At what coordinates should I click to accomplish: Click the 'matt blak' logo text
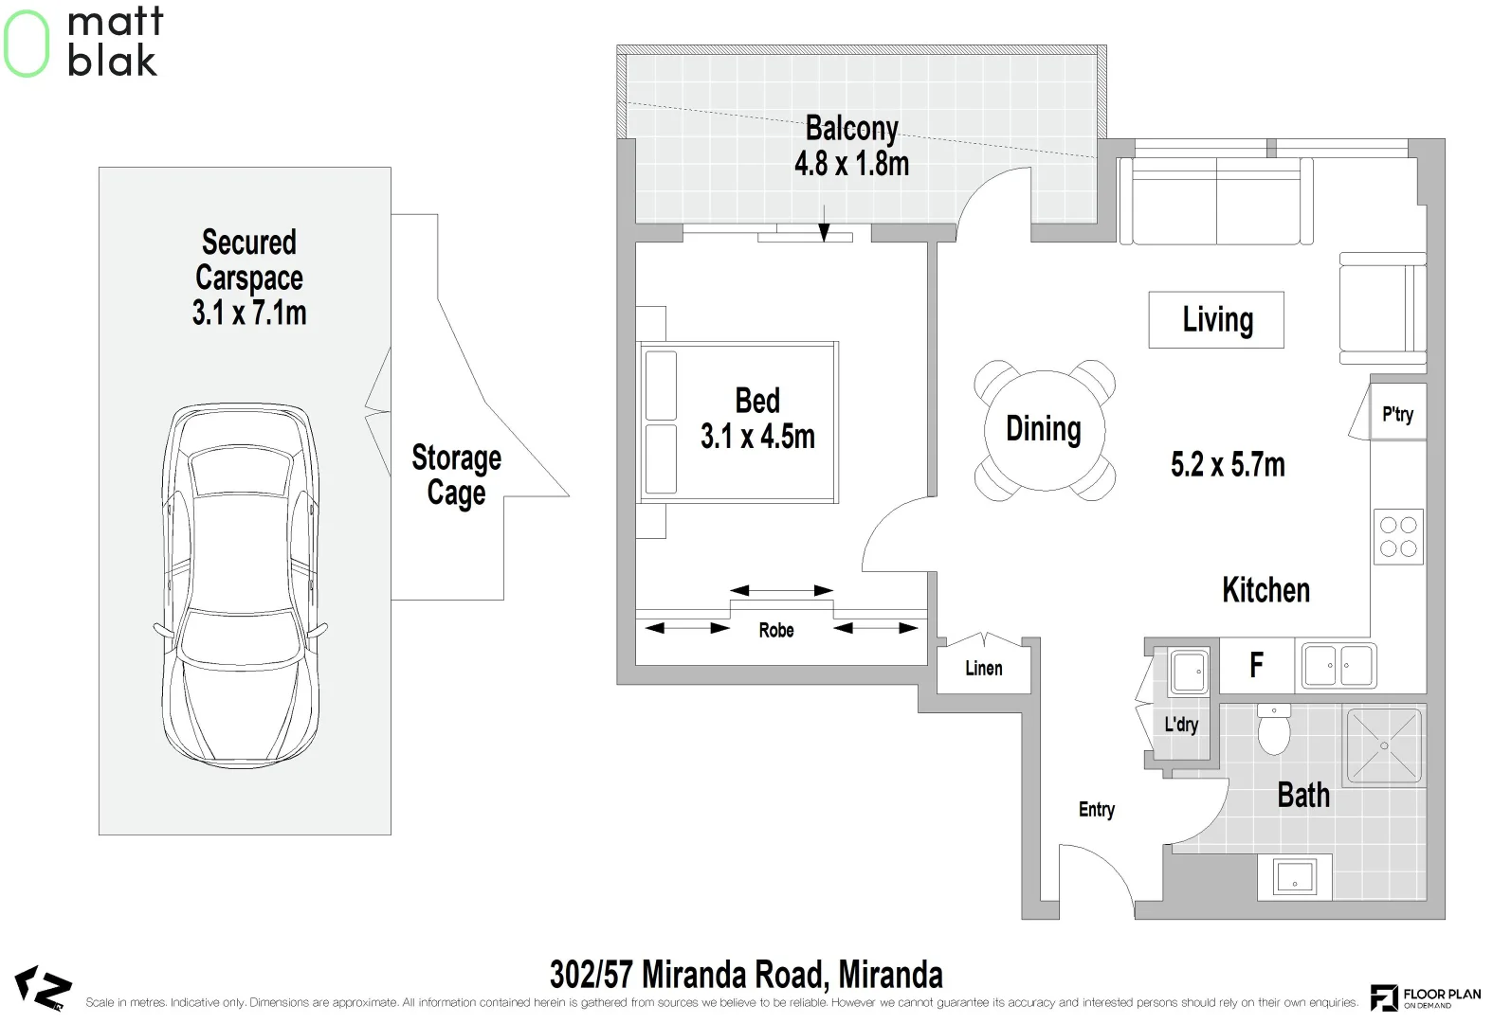pyautogui.click(x=115, y=42)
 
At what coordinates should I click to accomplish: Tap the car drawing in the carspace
pyautogui.click(x=241, y=585)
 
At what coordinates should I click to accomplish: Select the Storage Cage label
pyautogui.click(x=457, y=475)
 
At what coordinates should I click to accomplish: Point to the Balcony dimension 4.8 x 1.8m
pyautogui.click(x=852, y=164)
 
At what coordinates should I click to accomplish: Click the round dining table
pyautogui.click(x=1045, y=430)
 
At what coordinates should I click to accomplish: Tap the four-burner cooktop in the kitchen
pyautogui.click(x=1398, y=537)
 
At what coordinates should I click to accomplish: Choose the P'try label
pyautogui.click(x=1397, y=414)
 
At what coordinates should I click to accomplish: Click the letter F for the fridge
pyautogui.click(x=1256, y=665)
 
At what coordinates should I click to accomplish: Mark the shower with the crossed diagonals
pyautogui.click(x=1384, y=745)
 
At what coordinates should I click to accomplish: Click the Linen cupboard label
pyautogui.click(x=984, y=668)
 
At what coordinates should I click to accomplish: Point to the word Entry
pyautogui.click(x=1097, y=810)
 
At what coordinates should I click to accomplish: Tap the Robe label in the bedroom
pyautogui.click(x=776, y=630)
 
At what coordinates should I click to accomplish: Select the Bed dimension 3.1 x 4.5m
pyautogui.click(x=757, y=437)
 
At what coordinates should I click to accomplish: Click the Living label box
pyautogui.click(x=1216, y=320)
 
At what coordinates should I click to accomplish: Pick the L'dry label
pyautogui.click(x=1181, y=724)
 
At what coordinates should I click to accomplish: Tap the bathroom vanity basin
pyautogui.click(x=1294, y=876)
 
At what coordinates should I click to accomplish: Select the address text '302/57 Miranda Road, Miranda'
pyautogui.click(x=747, y=975)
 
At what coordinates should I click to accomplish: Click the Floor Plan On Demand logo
pyautogui.click(x=1426, y=997)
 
